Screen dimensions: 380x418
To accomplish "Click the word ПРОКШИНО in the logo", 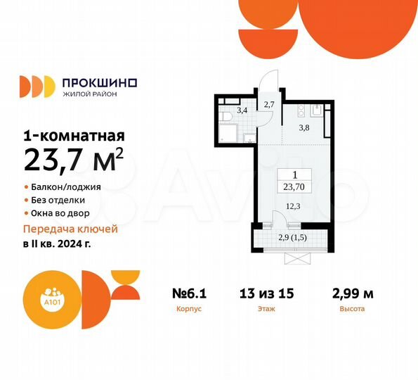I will (x=100, y=82).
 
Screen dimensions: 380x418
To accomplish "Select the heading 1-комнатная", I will (x=74, y=136).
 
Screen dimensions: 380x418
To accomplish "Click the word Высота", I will (x=351, y=308).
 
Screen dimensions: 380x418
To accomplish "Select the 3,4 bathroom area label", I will (x=241, y=110).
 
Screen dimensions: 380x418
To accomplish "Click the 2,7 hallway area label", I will (x=268, y=106).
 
